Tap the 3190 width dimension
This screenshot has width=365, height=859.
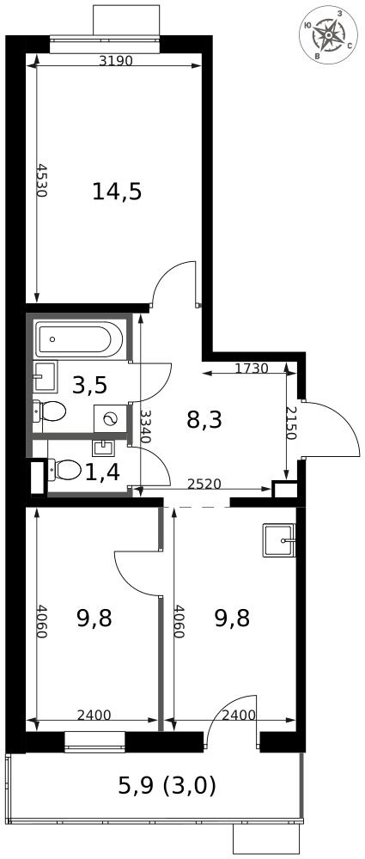click(x=116, y=61)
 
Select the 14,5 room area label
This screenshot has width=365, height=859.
click(x=117, y=192)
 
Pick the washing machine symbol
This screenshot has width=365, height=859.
click(x=110, y=417)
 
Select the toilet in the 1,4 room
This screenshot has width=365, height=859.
click(x=65, y=469)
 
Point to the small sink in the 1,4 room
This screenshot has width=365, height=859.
click(x=103, y=447)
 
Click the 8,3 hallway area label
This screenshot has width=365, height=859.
click(x=204, y=419)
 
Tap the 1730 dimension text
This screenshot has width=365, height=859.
click(x=252, y=369)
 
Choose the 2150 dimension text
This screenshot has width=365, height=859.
click(x=290, y=423)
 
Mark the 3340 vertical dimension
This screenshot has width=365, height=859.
click(x=146, y=426)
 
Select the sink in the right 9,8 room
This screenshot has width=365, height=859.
click(x=280, y=540)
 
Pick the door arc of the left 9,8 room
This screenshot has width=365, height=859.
click(x=136, y=571)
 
